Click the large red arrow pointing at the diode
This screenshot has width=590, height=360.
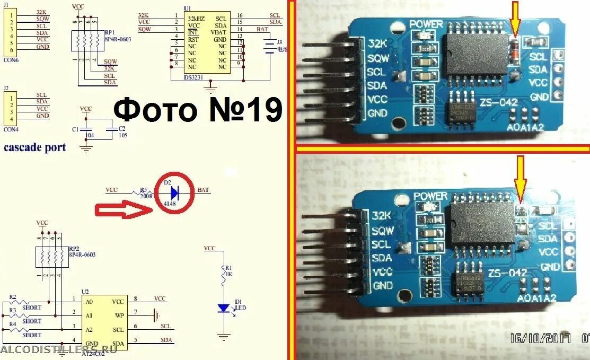pyautogui.click(x=124, y=210)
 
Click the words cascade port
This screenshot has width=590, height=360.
pyautogui.click(x=35, y=147)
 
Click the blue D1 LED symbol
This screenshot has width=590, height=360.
pyautogui.click(x=224, y=308)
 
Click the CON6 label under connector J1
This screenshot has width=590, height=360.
pyautogui.click(x=11, y=59)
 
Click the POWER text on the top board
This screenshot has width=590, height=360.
pyautogui.click(x=426, y=24)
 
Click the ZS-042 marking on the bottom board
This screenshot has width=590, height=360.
pyautogui.click(x=507, y=273)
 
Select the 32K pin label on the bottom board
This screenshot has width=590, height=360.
pyautogui.click(x=382, y=216)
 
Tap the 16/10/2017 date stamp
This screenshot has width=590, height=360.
pyautogui.click(x=539, y=338)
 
